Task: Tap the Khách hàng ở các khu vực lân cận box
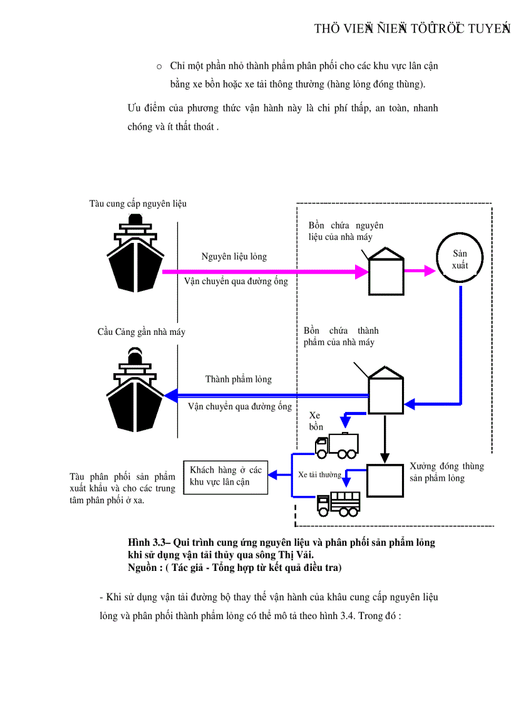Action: point(226,476)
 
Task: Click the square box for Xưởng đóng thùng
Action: point(385,481)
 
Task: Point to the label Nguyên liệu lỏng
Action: point(234,257)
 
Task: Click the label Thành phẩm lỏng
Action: point(238,379)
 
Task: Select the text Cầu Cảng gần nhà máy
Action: point(141,332)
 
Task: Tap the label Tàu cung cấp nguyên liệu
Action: point(138,203)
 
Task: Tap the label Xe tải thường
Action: point(319,475)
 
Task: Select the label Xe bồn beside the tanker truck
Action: point(316,421)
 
